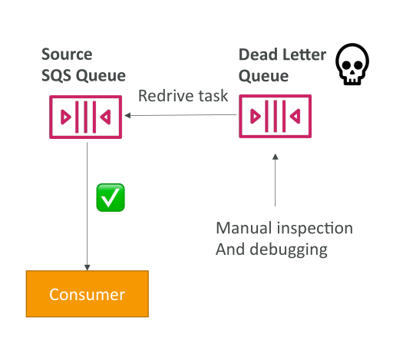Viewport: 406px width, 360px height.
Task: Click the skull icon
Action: point(352,64)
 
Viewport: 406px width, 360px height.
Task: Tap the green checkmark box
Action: point(111,197)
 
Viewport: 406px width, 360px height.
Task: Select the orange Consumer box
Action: point(87,294)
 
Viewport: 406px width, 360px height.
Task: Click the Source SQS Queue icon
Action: point(86,117)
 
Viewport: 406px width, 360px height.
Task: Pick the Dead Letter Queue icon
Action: point(276,116)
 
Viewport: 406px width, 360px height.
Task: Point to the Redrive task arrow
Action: point(180,115)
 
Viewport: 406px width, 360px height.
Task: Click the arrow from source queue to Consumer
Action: point(87,206)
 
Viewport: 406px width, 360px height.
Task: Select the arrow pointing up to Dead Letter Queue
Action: point(276,180)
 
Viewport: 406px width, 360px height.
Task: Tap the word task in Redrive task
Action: point(213,96)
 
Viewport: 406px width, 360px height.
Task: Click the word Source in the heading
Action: point(67,54)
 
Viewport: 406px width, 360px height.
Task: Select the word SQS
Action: point(56,76)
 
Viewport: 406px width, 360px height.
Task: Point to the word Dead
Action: point(258,54)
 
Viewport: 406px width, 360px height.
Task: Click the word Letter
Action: point(304,54)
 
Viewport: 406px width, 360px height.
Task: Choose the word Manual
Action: point(243,228)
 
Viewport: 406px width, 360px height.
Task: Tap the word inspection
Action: point(315,230)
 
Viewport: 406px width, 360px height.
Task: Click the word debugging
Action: point(289,250)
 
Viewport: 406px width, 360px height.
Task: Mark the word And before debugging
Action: point(230,249)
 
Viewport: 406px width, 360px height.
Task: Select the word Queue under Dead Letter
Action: point(263,76)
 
